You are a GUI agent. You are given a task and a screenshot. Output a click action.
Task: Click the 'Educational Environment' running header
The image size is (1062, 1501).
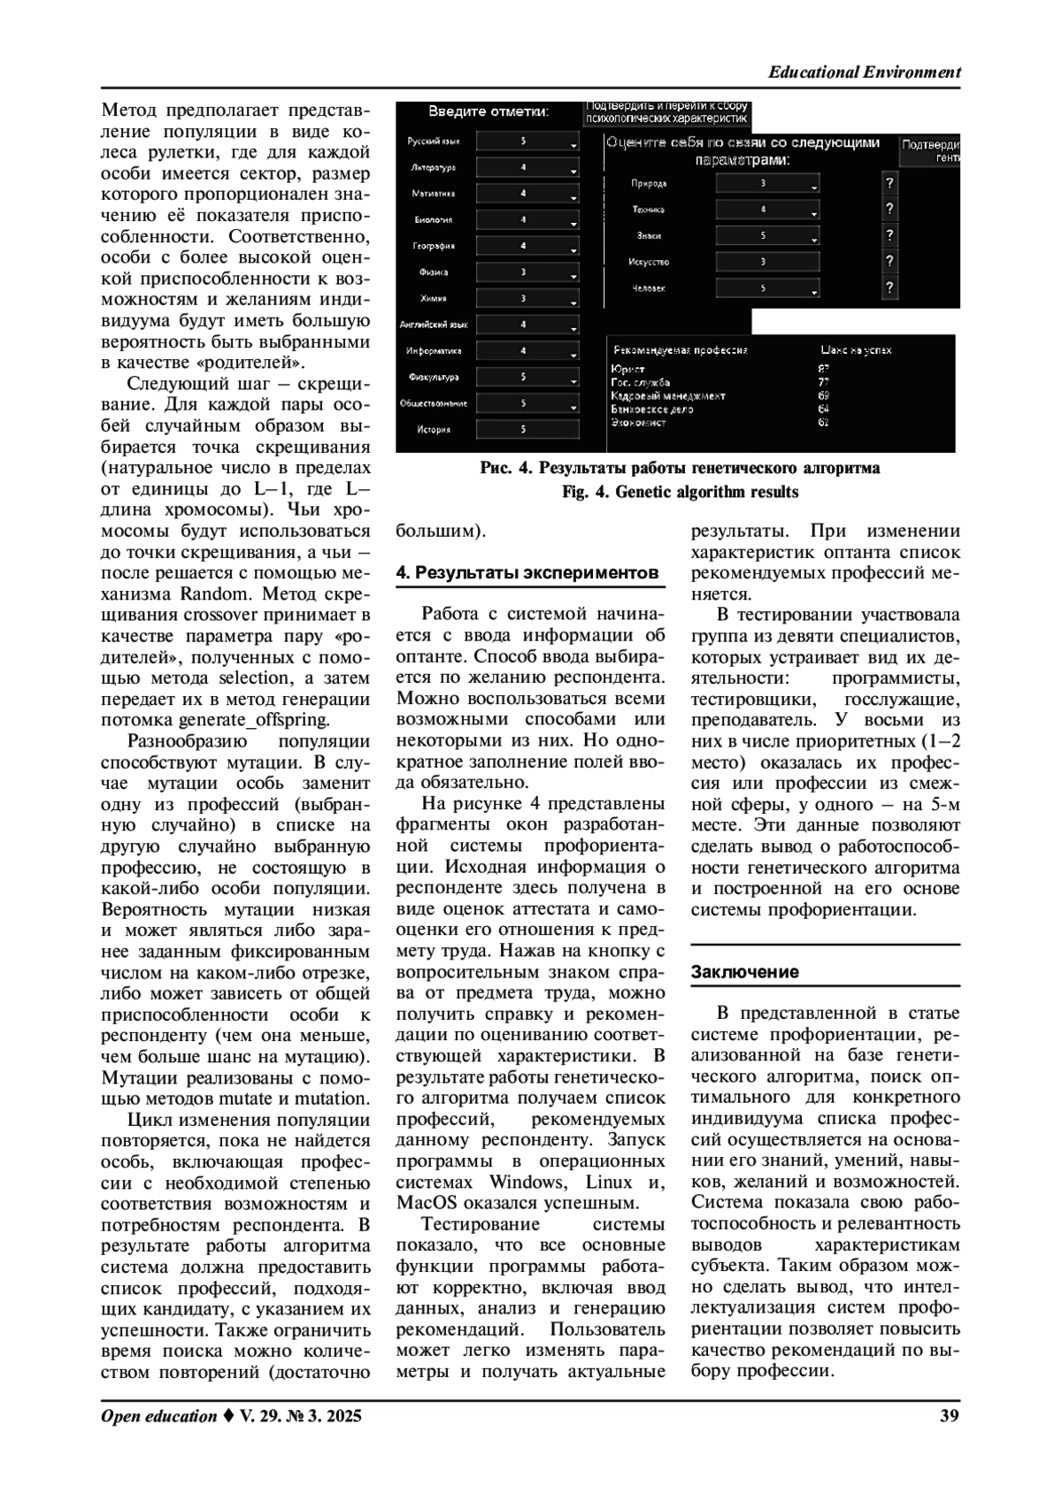pyautogui.click(x=864, y=73)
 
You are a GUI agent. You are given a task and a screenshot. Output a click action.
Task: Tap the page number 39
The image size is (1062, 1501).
pyautogui.click(x=949, y=1416)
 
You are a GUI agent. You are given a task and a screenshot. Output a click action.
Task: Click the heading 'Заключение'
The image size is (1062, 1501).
pyautogui.click(x=744, y=971)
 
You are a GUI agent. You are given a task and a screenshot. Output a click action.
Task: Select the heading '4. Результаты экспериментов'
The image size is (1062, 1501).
pyautogui.click(x=527, y=572)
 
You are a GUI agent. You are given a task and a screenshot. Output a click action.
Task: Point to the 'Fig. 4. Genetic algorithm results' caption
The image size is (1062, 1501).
pyautogui.click(x=680, y=492)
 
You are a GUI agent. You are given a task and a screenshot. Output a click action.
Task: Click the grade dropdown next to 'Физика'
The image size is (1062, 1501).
pyautogui.click(x=527, y=272)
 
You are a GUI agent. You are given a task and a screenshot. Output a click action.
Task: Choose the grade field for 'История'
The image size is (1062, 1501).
pyautogui.click(x=527, y=430)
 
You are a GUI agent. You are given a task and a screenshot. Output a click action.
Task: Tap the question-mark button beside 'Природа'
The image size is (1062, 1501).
pyautogui.click(x=889, y=183)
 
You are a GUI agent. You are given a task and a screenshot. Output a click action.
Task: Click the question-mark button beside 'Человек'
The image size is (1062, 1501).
pyautogui.click(x=889, y=288)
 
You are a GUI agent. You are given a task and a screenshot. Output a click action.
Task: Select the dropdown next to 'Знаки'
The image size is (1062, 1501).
pyautogui.click(x=767, y=236)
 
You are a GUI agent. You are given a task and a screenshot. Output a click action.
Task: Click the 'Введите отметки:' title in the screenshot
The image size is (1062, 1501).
pyautogui.click(x=489, y=112)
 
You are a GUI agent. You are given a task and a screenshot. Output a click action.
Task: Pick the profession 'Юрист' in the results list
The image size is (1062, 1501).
pyautogui.click(x=627, y=369)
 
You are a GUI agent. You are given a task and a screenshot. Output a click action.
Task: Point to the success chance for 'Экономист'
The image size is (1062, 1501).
pyautogui.click(x=823, y=423)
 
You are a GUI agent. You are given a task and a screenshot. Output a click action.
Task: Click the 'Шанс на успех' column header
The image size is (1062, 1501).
pyautogui.click(x=856, y=350)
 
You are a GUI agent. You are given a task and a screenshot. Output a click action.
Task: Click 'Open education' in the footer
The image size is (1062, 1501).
pyautogui.click(x=158, y=1416)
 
